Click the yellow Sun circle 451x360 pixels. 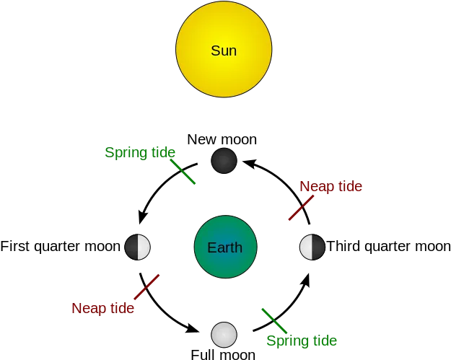pos(224,49)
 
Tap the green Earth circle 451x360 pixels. pos(225,247)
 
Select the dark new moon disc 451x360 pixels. pos(224,161)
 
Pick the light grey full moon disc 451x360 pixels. pos(224,335)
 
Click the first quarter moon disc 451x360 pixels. pos(138,247)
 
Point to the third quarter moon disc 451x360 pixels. pos(312,247)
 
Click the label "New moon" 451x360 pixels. pos(222,139)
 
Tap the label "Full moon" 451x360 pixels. pos(223,354)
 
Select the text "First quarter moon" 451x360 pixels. pos(60,247)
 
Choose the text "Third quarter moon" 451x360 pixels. pos(389,247)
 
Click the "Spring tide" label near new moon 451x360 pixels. pos(140,152)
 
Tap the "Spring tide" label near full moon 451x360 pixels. pos(302,341)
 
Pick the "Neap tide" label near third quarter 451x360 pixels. pos(330,186)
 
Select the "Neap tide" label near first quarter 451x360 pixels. pos(103,308)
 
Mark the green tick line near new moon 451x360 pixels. pos(183,172)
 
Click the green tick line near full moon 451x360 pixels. pos(274,321)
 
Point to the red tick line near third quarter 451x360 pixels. pos(301,208)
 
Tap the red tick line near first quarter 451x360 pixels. pos(146,286)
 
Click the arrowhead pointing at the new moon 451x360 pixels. pos(249,164)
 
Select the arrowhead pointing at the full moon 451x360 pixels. pos(192,328)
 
